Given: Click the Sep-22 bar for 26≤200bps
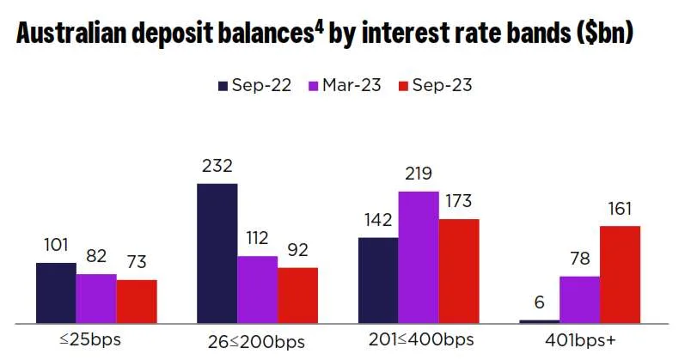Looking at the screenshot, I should (x=217, y=253).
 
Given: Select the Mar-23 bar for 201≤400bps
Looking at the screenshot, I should (x=419, y=257).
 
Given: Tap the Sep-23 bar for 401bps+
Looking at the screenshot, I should (x=621, y=274).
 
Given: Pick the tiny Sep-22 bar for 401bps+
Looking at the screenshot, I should (x=539, y=321).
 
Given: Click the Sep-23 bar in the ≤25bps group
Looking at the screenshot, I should (x=136, y=302).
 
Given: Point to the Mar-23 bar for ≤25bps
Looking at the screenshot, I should (x=95, y=299).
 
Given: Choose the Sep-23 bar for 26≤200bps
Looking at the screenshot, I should (x=297, y=296).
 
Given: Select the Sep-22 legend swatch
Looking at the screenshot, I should (x=223, y=85).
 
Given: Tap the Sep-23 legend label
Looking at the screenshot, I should (x=443, y=85).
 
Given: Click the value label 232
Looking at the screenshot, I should (x=217, y=167).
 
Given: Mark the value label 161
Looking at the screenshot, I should (x=621, y=209).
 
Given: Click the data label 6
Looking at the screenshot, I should (x=539, y=302).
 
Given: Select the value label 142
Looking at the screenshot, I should (x=378, y=220).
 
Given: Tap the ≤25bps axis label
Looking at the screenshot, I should (x=90, y=339).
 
